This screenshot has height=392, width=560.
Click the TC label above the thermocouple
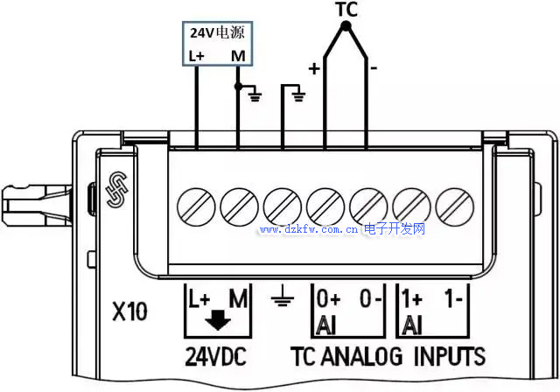tap(346, 10)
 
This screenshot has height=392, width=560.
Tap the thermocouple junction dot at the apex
tap(346, 26)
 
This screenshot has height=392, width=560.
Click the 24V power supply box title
tap(217, 33)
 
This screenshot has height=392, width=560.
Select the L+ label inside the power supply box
tap(197, 56)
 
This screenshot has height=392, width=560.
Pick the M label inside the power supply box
tap(238, 56)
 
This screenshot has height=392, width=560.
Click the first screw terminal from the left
tap(196, 206)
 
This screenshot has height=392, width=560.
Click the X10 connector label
tap(129, 311)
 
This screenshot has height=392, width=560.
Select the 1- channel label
tap(453, 298)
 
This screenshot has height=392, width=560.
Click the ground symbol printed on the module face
tap(280, 302)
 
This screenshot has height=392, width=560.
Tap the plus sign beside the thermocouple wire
tap(313, 66)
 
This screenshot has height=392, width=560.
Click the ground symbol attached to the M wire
tap(255, 94)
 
